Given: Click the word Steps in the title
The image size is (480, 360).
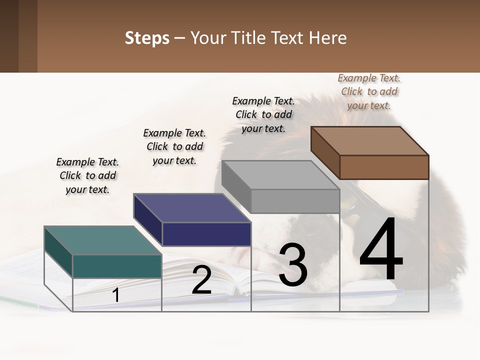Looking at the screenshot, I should [147, 38].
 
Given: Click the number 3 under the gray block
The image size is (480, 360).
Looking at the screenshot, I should [293, 265].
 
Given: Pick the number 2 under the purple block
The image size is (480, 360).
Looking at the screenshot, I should [201, 280].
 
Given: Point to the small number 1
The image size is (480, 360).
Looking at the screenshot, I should [116, 295].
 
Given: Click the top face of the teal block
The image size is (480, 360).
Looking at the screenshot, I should [102, 240].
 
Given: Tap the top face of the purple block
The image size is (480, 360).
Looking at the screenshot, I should [192, 208].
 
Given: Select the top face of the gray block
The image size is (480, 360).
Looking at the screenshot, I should [280, 175].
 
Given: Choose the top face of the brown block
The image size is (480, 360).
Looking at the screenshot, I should [369, 140].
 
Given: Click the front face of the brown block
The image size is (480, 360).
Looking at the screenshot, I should [384, 167].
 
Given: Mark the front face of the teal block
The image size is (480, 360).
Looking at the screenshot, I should [117, 266].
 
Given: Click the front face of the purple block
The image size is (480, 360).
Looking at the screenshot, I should [206, 234].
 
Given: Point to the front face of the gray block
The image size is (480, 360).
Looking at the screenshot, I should [295, 201].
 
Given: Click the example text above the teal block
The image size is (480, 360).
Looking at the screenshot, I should [87, 175].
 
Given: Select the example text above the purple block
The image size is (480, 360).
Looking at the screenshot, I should [174, 146].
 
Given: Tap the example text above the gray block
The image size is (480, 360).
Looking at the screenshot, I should [263, 114].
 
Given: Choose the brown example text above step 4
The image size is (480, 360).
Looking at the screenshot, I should [369, 91].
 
